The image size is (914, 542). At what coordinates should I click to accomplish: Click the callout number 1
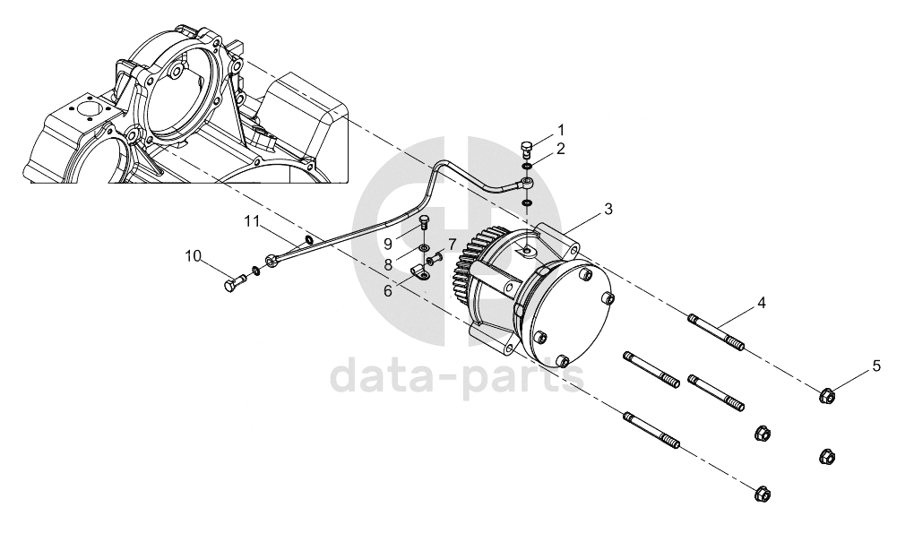pyautogui.click(x=561, y=129)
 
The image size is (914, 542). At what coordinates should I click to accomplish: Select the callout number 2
pyautogui.click(x=561, y=149)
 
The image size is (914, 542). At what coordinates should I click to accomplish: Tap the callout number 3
pyautogui.click(x=608, y=210)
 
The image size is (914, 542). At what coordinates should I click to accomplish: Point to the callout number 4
pyautogui.click(x=762, y=303)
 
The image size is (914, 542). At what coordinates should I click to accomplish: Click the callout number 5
pyautogui.click(x=876, y=366)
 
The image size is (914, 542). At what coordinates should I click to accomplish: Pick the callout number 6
pyautogui.click(x=388, y=291)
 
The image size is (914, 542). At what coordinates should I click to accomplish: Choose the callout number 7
pyautogui.click(x=451, y=243)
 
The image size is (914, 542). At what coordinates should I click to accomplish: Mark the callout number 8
pyautogui.click(x=388, y=265)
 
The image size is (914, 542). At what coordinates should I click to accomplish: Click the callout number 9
pyautogui.click(x=388, y=243)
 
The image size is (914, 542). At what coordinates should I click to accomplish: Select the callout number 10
pyautogui.click(x=193, y=256)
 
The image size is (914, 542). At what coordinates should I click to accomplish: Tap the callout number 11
pyautogui.click(x=251, y=221)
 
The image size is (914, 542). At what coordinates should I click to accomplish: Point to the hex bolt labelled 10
pyautogui.click(x=235, y=283)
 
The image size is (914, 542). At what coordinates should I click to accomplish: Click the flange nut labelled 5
pyautogui.click(x=826, y=396)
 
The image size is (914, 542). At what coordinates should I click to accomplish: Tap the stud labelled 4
pyautogui.click(x=716, y=332)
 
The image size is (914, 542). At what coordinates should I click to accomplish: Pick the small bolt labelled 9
pyautogui.click(x=425, y=224)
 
